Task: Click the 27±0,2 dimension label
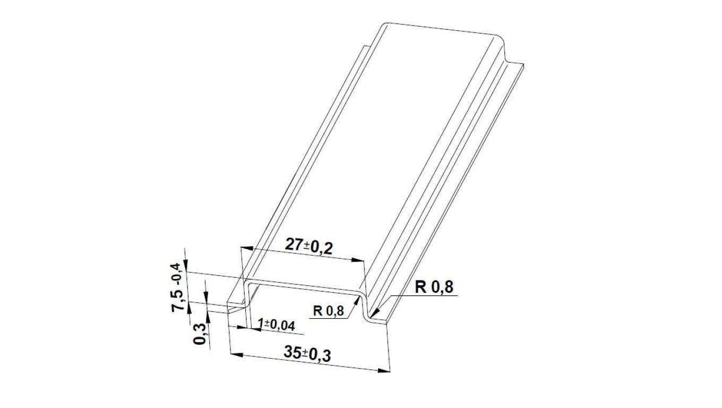coord(308,246)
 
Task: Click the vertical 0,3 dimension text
coord(200,334)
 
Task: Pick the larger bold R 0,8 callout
coord(434,287)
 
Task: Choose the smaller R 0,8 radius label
coord(328,311)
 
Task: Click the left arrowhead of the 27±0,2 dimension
coord(246,248)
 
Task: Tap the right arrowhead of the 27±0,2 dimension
coord(357,260)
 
